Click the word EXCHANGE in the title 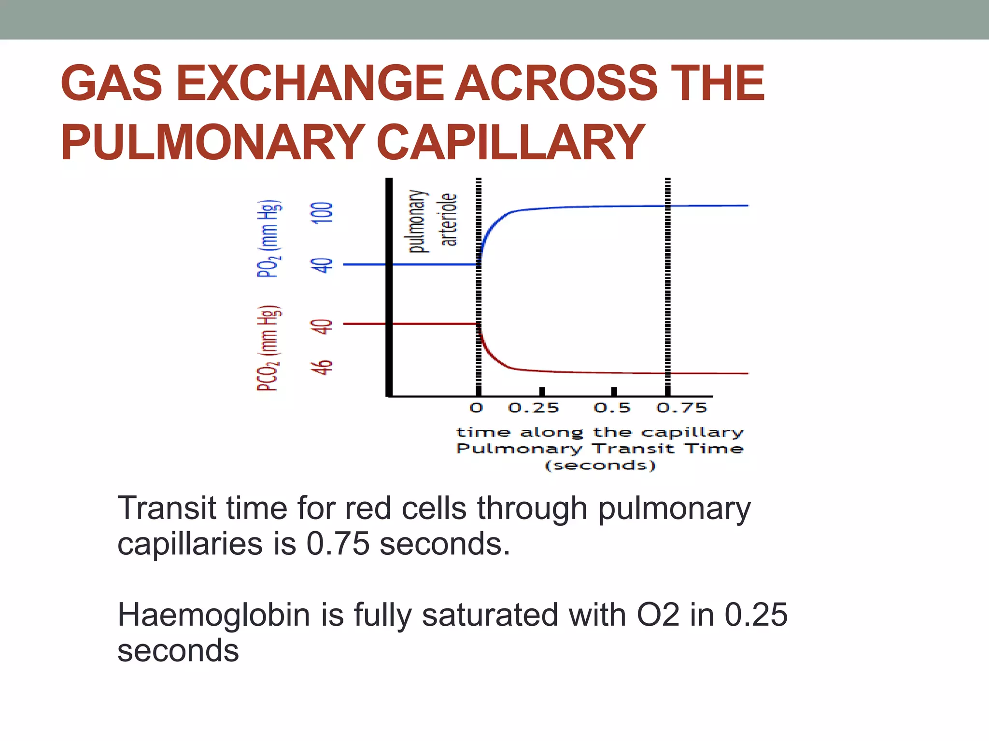click(x=310, y=84)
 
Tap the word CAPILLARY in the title click(x=510, y=142)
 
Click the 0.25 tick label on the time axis click(x=533, y=408)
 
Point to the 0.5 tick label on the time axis click(x=612, y=408)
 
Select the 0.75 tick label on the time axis click(x=681, y=408)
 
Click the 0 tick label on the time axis click(x=476, y=408)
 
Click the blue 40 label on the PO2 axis click(x=322, y=265)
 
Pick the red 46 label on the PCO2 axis click(x=322, y=368)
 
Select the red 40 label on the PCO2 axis click(x=322, y=327)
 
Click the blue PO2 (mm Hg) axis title click(x=268, y=238)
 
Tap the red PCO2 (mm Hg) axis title click(x=268, y=348)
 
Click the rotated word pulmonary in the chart click(x=418, y=221)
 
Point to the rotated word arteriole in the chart click(x=449, y=220)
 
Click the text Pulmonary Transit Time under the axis click(x=600, y=449)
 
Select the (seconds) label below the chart click(x=600, y=466)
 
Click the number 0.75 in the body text click(x=338, y=544)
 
